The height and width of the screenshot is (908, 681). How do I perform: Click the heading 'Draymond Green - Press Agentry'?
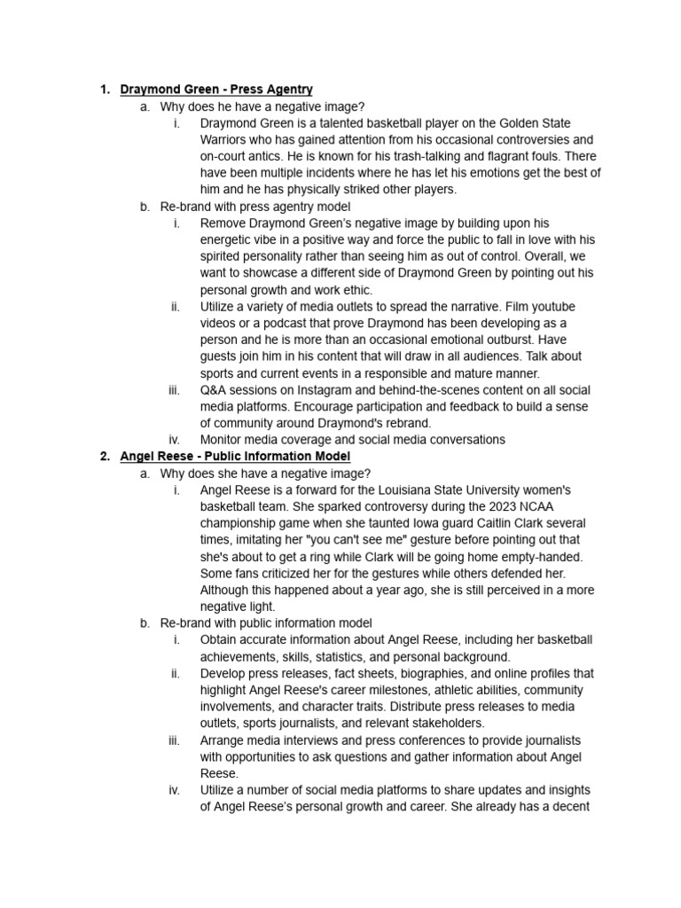215,90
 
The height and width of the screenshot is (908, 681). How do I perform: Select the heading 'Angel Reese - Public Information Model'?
235,456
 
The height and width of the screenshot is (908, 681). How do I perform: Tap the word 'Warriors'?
225,139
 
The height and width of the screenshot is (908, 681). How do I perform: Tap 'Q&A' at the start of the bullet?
213,389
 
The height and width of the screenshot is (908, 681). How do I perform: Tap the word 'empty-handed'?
542,556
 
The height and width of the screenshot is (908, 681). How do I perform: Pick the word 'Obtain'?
221,639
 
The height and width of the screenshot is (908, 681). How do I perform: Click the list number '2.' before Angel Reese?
105,456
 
